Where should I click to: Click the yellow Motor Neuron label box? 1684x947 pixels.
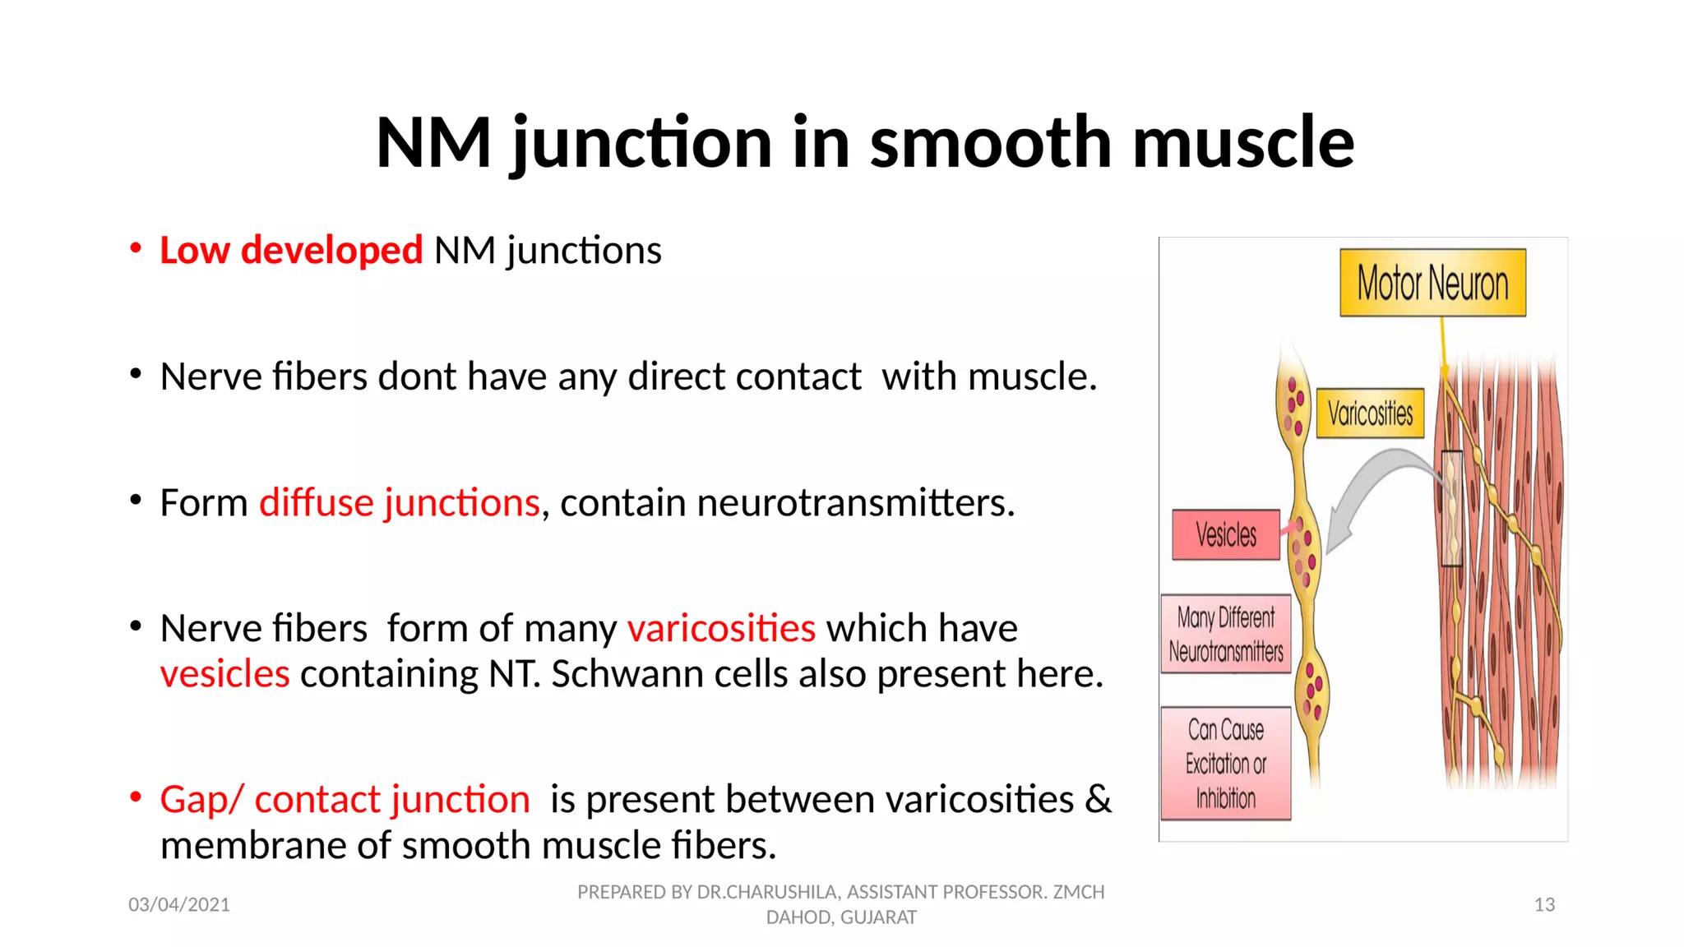[1432, 283]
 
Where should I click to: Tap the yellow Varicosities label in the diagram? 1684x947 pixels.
[1370, 413]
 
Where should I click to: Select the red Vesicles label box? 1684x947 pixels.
[1225, 535]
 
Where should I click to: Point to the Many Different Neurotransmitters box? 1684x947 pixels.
[1225, 634]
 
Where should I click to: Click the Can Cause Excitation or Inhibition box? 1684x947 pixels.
[1225, 764]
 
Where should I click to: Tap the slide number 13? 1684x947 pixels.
[1544, 905]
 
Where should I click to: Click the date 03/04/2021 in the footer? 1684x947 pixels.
[179, 905]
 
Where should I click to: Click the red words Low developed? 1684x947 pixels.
[291, 250]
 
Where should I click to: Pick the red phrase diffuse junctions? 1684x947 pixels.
[400, 502]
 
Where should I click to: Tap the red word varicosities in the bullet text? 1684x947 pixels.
[721, 629]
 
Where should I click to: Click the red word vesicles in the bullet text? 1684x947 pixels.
[224, 674]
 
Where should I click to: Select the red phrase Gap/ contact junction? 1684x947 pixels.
[345, 800]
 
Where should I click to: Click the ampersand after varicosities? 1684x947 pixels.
[1098, 800]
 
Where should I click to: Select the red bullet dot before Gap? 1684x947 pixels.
[136, 797]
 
